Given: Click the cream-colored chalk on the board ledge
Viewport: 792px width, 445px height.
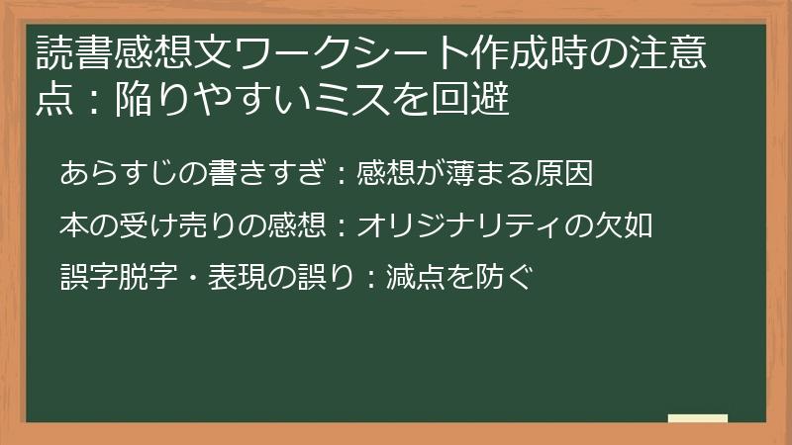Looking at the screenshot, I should point(698,417).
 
